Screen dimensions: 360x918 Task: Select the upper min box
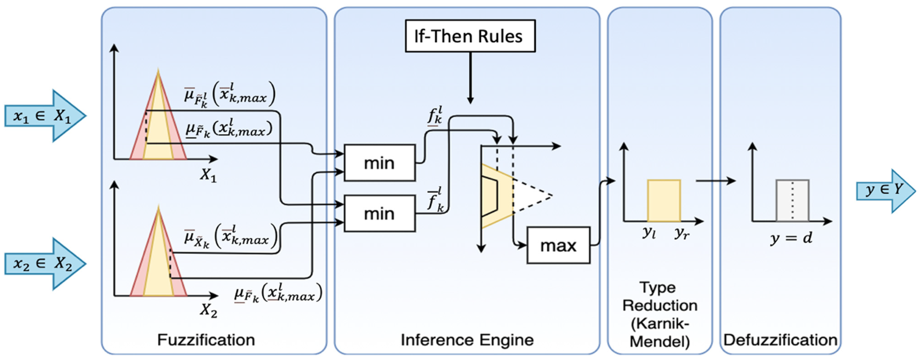[x=379, y=163]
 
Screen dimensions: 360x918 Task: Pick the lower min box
[x=379, y=213]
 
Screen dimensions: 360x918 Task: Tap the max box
[x=558, y=245]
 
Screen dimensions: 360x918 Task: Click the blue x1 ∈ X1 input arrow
[x=45, y=116]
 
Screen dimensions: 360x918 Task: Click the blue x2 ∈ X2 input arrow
[x=45, y=264]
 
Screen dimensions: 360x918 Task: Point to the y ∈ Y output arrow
[x=886, y=191]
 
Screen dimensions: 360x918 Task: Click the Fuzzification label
[x=206, y=340]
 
